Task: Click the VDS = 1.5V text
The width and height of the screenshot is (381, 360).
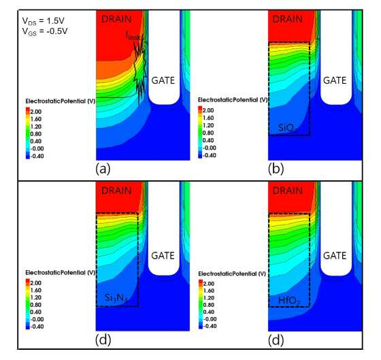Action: coord(44,21)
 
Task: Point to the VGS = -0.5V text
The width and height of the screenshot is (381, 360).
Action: coord(45,31)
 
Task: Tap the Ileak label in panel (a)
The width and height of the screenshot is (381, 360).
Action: coord(133,36)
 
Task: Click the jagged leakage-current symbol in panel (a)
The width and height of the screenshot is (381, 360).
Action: coord(140,71)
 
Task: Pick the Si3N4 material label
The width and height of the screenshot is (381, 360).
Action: coord(116,298)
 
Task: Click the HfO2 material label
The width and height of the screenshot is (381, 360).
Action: coord(289,301)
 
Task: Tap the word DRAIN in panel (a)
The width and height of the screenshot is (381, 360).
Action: coord(116,19)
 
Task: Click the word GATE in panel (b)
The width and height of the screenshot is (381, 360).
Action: coord(335,80)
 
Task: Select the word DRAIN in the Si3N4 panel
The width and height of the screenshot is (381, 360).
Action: coord(116,191)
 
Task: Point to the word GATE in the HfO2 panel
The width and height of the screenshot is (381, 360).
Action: coord(335,256)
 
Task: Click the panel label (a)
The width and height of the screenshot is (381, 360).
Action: coord(103,169)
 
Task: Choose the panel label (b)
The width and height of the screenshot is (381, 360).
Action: coord(276,169)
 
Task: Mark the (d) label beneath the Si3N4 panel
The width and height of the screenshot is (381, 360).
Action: coord(103,340)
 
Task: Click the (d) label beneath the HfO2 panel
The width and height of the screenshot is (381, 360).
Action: coord(276,340)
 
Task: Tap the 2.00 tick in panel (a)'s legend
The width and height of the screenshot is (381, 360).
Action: coord(35,112)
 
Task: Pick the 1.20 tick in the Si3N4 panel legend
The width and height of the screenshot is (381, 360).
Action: coord(35,297)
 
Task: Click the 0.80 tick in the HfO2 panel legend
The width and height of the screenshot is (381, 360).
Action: coord(209,305)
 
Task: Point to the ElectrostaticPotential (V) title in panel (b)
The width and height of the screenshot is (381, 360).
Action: coord(233,100)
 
